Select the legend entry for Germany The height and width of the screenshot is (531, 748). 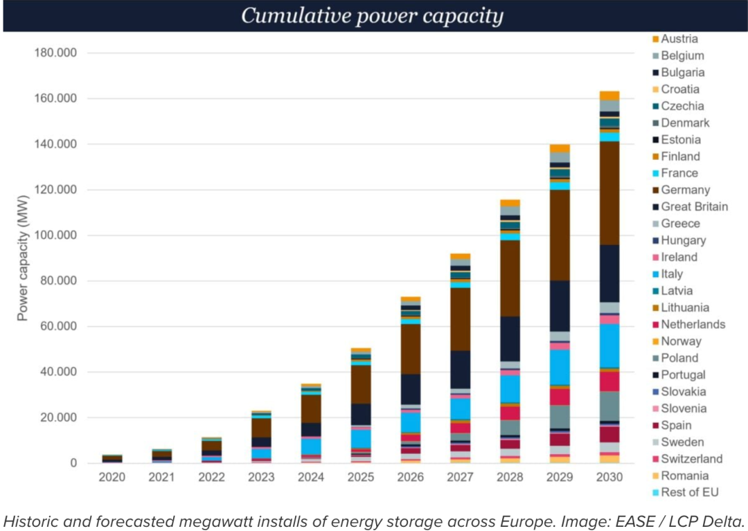685,190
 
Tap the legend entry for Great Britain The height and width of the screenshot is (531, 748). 694,206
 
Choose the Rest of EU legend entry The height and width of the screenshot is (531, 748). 689,492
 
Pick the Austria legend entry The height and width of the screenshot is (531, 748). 679,39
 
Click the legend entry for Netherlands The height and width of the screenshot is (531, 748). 693,324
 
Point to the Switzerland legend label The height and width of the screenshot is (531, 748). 691,458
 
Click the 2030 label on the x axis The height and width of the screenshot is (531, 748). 609,478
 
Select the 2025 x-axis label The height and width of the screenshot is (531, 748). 360,478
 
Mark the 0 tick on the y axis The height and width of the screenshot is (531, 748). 71,463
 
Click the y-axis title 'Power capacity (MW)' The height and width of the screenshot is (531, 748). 23,258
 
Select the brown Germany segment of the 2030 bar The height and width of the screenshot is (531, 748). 609,193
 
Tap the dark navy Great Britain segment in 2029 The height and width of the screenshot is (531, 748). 560,306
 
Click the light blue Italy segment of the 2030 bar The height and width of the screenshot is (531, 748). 609,345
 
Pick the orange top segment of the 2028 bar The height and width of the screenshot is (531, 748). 510,203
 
